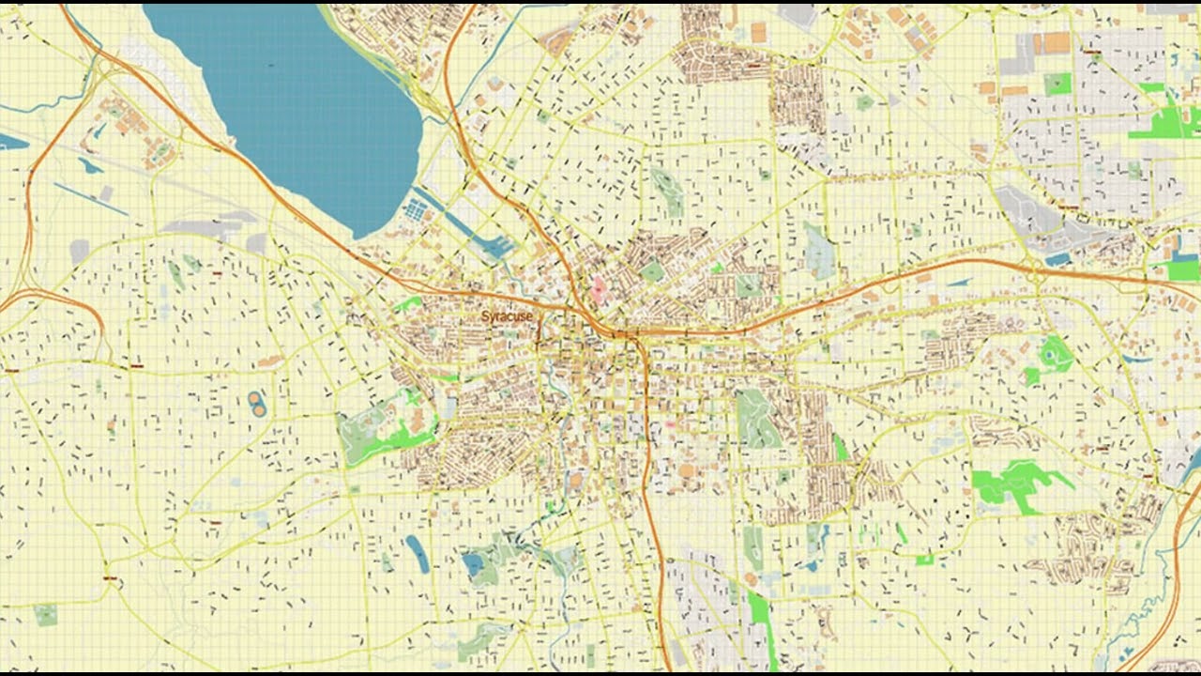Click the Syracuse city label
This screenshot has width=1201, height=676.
pyautogui.click(x=507, y=316)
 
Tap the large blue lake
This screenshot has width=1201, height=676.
pyautogui.click(x=291, y=103)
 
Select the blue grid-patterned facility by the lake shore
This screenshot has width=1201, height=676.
pyautogui.click(x=414, y=210)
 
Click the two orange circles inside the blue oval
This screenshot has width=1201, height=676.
pyautogui.click(x=257, y=404)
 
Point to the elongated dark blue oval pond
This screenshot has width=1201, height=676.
pyautogui.click(x=417, y=553)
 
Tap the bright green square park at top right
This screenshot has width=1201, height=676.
pyautogui.click(x=1057, y=84)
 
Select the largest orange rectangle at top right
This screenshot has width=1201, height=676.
pyautogui.click(x=1051, y=43)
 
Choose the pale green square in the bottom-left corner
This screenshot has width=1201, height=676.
pyautogui.click(x=45, y=614)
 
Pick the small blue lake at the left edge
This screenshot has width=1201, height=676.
pyautogui.click(x=11, y=142)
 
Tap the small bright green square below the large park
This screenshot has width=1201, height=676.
pyautogui.click(x=924, y=560)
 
